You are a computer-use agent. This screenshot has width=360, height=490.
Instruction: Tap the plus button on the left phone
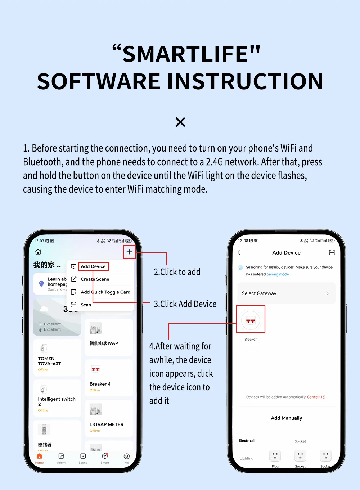[129, 252]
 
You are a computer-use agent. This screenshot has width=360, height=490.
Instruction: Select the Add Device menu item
[93, 266]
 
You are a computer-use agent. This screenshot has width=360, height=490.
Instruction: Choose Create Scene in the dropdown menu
[95, 279]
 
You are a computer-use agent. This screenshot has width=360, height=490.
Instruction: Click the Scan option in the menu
[86, 305]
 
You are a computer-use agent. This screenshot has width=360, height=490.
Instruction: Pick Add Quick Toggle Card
[105, 292]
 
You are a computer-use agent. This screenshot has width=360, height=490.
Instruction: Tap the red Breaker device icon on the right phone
[251, 320]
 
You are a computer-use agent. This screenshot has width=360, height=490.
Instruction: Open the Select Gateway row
[286, 293]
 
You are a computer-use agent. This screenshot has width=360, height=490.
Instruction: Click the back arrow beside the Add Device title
[239, 253]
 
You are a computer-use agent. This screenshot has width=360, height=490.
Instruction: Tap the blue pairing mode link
[278, 274]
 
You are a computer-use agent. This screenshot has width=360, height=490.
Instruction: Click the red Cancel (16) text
[316, 397]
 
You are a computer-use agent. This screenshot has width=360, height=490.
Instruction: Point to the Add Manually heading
[286, 418]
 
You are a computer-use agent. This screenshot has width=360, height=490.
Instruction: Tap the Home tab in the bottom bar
[40, 458]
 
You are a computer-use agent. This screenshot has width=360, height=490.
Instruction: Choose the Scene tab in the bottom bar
[83, 458]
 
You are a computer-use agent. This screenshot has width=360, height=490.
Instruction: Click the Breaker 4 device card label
[100, 384]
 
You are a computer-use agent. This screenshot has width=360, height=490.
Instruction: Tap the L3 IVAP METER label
[107, 425]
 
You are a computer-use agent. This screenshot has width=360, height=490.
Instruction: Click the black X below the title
[180, 122]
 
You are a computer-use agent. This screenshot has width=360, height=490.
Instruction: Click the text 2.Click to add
[177, 272]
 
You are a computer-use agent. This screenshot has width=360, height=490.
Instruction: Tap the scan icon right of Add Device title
[332, 253]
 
